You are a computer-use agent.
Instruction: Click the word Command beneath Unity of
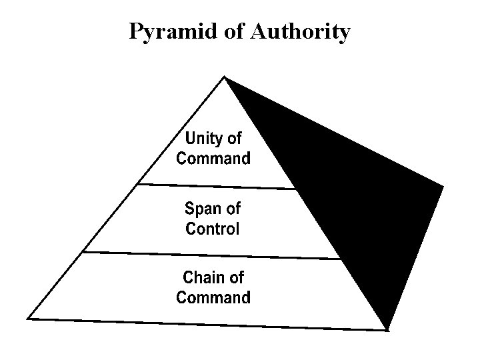click(x=213, y=159)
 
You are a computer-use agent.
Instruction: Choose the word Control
click(x=213, y=229)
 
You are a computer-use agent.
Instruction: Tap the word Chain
click(x=203, y=277)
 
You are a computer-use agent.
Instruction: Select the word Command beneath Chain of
click(x=213, y=297)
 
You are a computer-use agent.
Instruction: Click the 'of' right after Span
click(x=233, y=209)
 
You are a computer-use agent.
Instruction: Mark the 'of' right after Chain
click(x=236, y=277)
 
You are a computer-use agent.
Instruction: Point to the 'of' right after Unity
click(x=235, y=139)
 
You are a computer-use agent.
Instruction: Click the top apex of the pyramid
click(x=225, y=78)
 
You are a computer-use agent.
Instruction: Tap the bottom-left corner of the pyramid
click(x=29, y=317)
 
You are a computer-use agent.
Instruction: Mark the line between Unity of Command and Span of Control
click(x=213, y=185)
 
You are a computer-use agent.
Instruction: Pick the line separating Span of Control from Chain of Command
click(x=213, y=255)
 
